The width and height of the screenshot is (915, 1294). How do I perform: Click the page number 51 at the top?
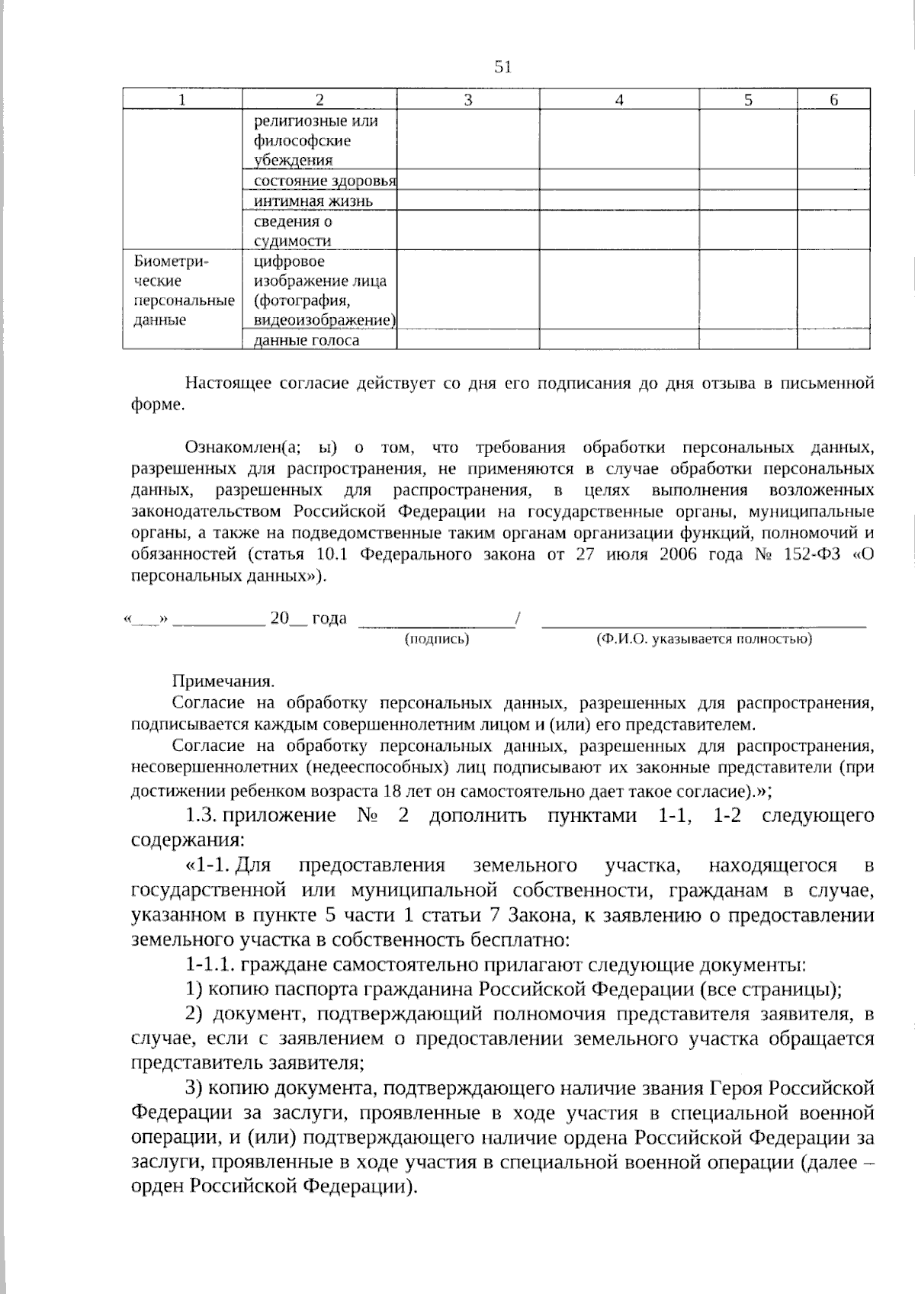coord(502,67)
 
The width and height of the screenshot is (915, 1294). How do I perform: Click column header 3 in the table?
coord(467,100)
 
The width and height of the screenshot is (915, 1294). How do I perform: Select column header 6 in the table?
coord(833,100)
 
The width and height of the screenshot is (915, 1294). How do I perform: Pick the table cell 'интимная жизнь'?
coord(313,201)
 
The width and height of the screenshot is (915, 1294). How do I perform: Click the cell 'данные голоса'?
coord(307,340)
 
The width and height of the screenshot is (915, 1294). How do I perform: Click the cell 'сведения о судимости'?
coord(294,231)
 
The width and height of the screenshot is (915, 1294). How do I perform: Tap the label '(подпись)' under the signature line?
coord(436,639)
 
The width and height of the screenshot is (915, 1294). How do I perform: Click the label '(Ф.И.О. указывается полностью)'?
coord(703,639)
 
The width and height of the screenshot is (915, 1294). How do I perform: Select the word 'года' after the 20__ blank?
coord(329,618)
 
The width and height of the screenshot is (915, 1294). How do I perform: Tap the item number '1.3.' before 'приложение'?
coord(202,816)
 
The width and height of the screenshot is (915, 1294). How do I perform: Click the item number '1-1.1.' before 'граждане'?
coord(210,965)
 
